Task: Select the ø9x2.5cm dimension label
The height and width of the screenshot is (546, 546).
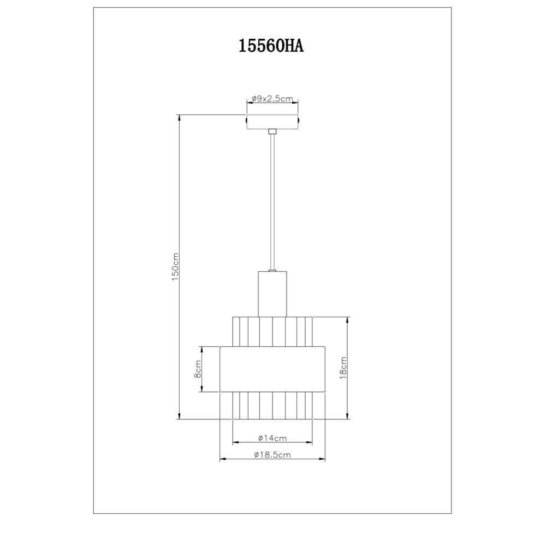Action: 272,99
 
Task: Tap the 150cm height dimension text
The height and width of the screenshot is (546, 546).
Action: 175,267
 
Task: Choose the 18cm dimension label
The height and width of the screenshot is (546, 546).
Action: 343,369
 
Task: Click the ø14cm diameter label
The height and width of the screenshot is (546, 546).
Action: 272,438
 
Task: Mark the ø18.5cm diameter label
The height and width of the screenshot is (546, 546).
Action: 272,455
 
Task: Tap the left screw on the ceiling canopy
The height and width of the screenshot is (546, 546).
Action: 246,120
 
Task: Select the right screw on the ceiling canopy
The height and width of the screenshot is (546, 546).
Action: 299,120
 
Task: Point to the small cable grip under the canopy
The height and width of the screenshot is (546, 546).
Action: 272,131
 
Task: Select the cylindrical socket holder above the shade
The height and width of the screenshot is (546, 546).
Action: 272,294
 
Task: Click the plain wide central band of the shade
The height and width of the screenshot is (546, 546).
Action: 272,369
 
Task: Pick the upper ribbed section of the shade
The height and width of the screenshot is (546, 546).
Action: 272,331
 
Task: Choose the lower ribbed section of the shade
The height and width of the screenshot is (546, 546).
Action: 272,405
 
